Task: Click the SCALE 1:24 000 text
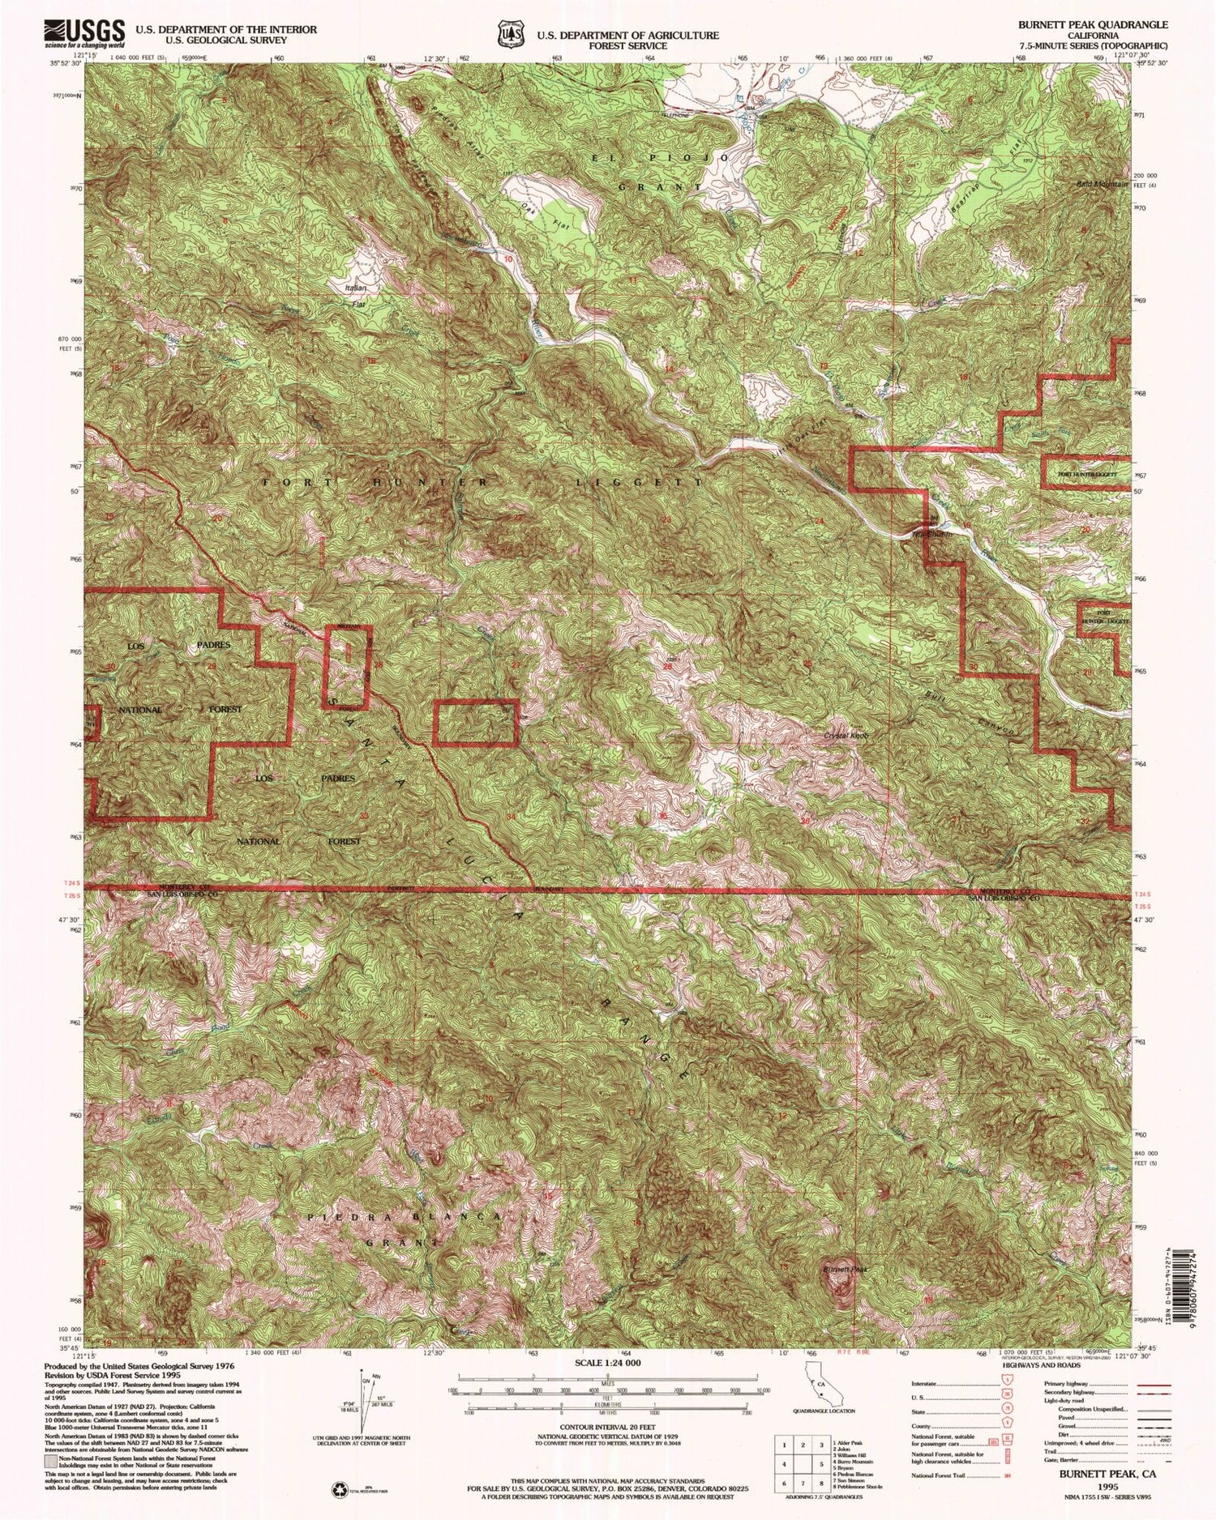click(x=607, y=1363)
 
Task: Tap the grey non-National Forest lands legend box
click(x=52, y=1454)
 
